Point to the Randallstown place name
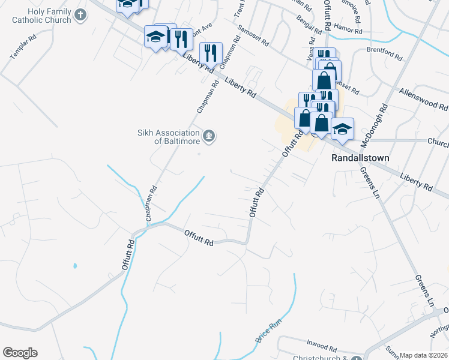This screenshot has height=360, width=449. (361, 158)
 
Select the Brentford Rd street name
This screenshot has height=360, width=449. (384, 55)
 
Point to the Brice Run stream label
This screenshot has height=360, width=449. (268, 331)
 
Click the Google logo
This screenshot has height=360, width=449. (20, 353)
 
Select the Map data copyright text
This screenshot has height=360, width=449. (424, 355)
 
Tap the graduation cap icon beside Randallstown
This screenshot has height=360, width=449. (342, 128)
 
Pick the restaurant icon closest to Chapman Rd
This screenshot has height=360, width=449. (211, 52)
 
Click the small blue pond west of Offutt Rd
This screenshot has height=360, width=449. (74, 265)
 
